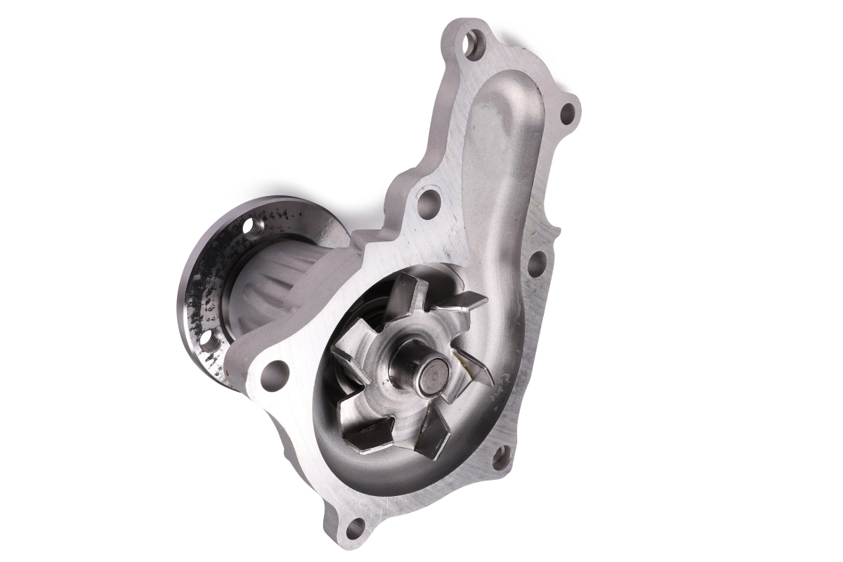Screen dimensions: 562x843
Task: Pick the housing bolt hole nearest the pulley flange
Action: (274, 374)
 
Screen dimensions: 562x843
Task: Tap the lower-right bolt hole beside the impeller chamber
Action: (500, 458)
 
